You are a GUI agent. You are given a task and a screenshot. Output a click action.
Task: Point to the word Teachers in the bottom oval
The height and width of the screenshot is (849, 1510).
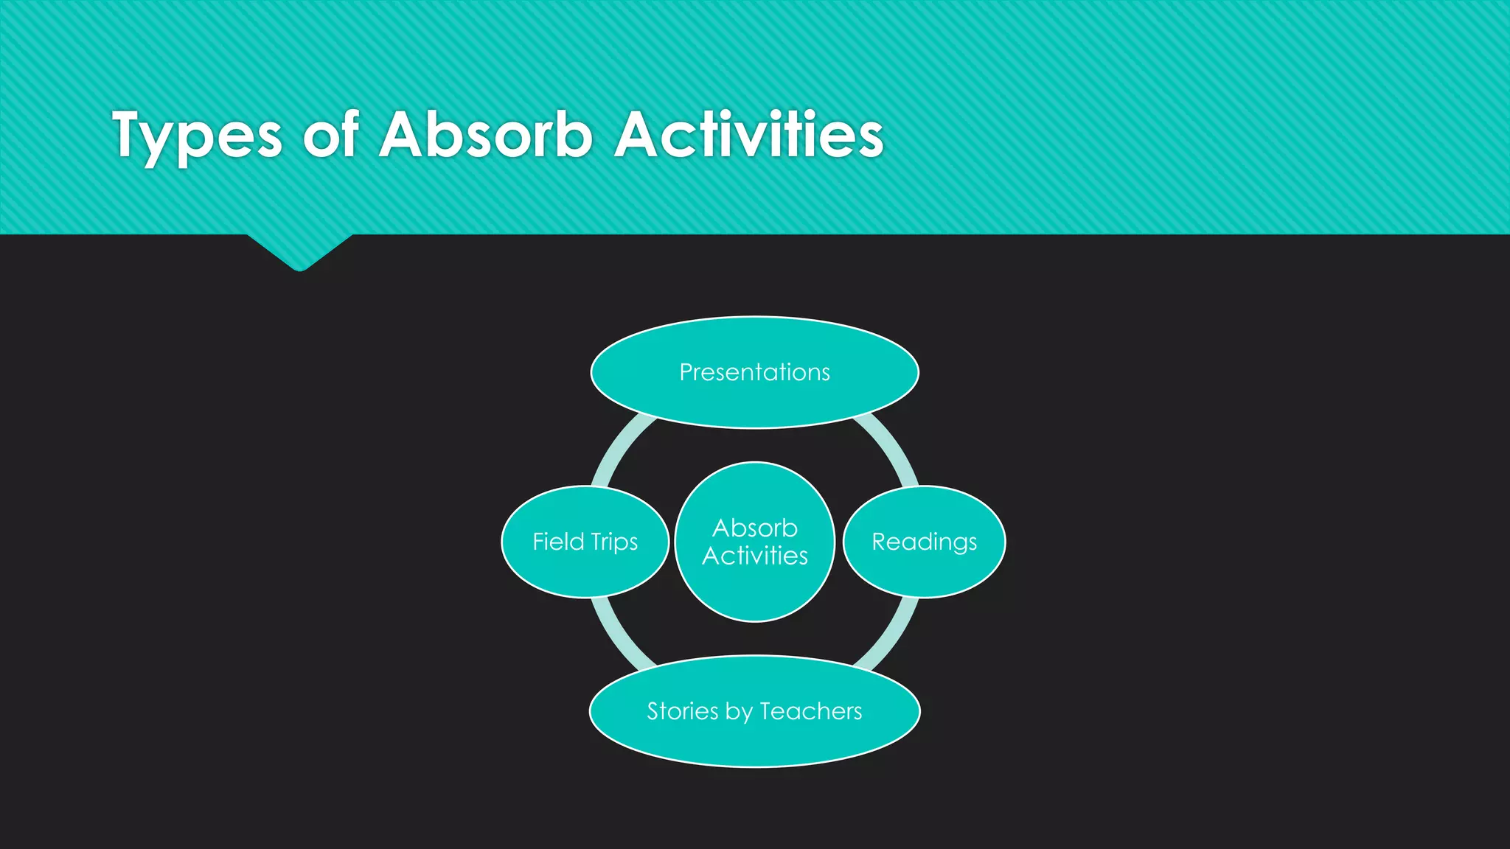[810, 711]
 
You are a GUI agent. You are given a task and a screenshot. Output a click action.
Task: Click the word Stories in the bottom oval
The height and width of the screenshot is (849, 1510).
[683, 711]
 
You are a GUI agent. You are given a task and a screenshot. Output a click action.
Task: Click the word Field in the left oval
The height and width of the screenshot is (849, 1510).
[558, 542]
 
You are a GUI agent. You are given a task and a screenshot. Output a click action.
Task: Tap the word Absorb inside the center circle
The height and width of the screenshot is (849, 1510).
[754, 528]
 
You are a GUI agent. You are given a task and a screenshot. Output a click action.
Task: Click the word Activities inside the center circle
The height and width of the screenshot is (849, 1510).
[754, 556]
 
